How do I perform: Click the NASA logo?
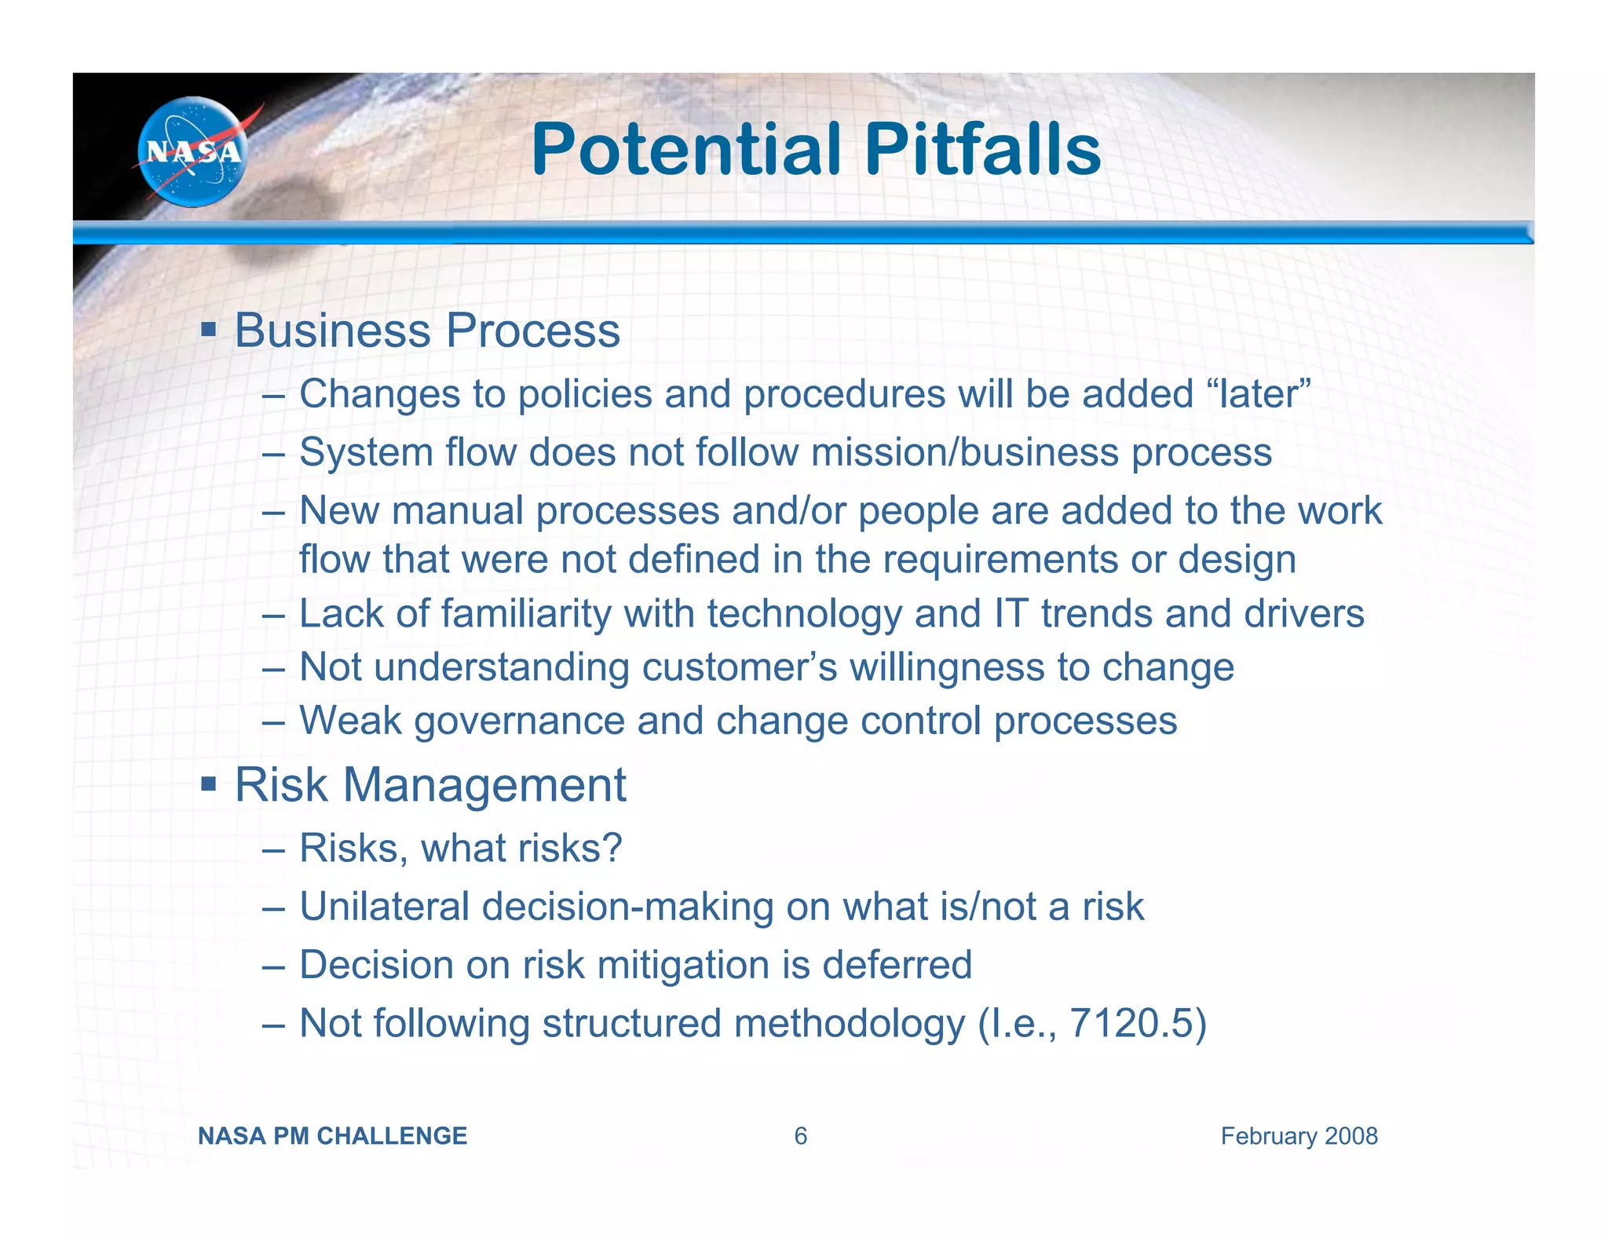click(x=192, y=152)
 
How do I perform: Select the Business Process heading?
click(x=427, y=331)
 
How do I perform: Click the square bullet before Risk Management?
click(x=208, y=783)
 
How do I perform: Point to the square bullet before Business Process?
click(x=208, y=327)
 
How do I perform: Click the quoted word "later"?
click(x=1259, y=393)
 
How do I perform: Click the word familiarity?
click(x=526, y=613)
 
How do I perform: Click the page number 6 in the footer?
click(x=800, y=1136)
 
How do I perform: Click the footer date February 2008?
click(x=1299, y=1136)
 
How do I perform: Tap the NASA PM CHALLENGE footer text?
click(x=332, y=1136)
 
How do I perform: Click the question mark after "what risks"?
click(x=612, y=848)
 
